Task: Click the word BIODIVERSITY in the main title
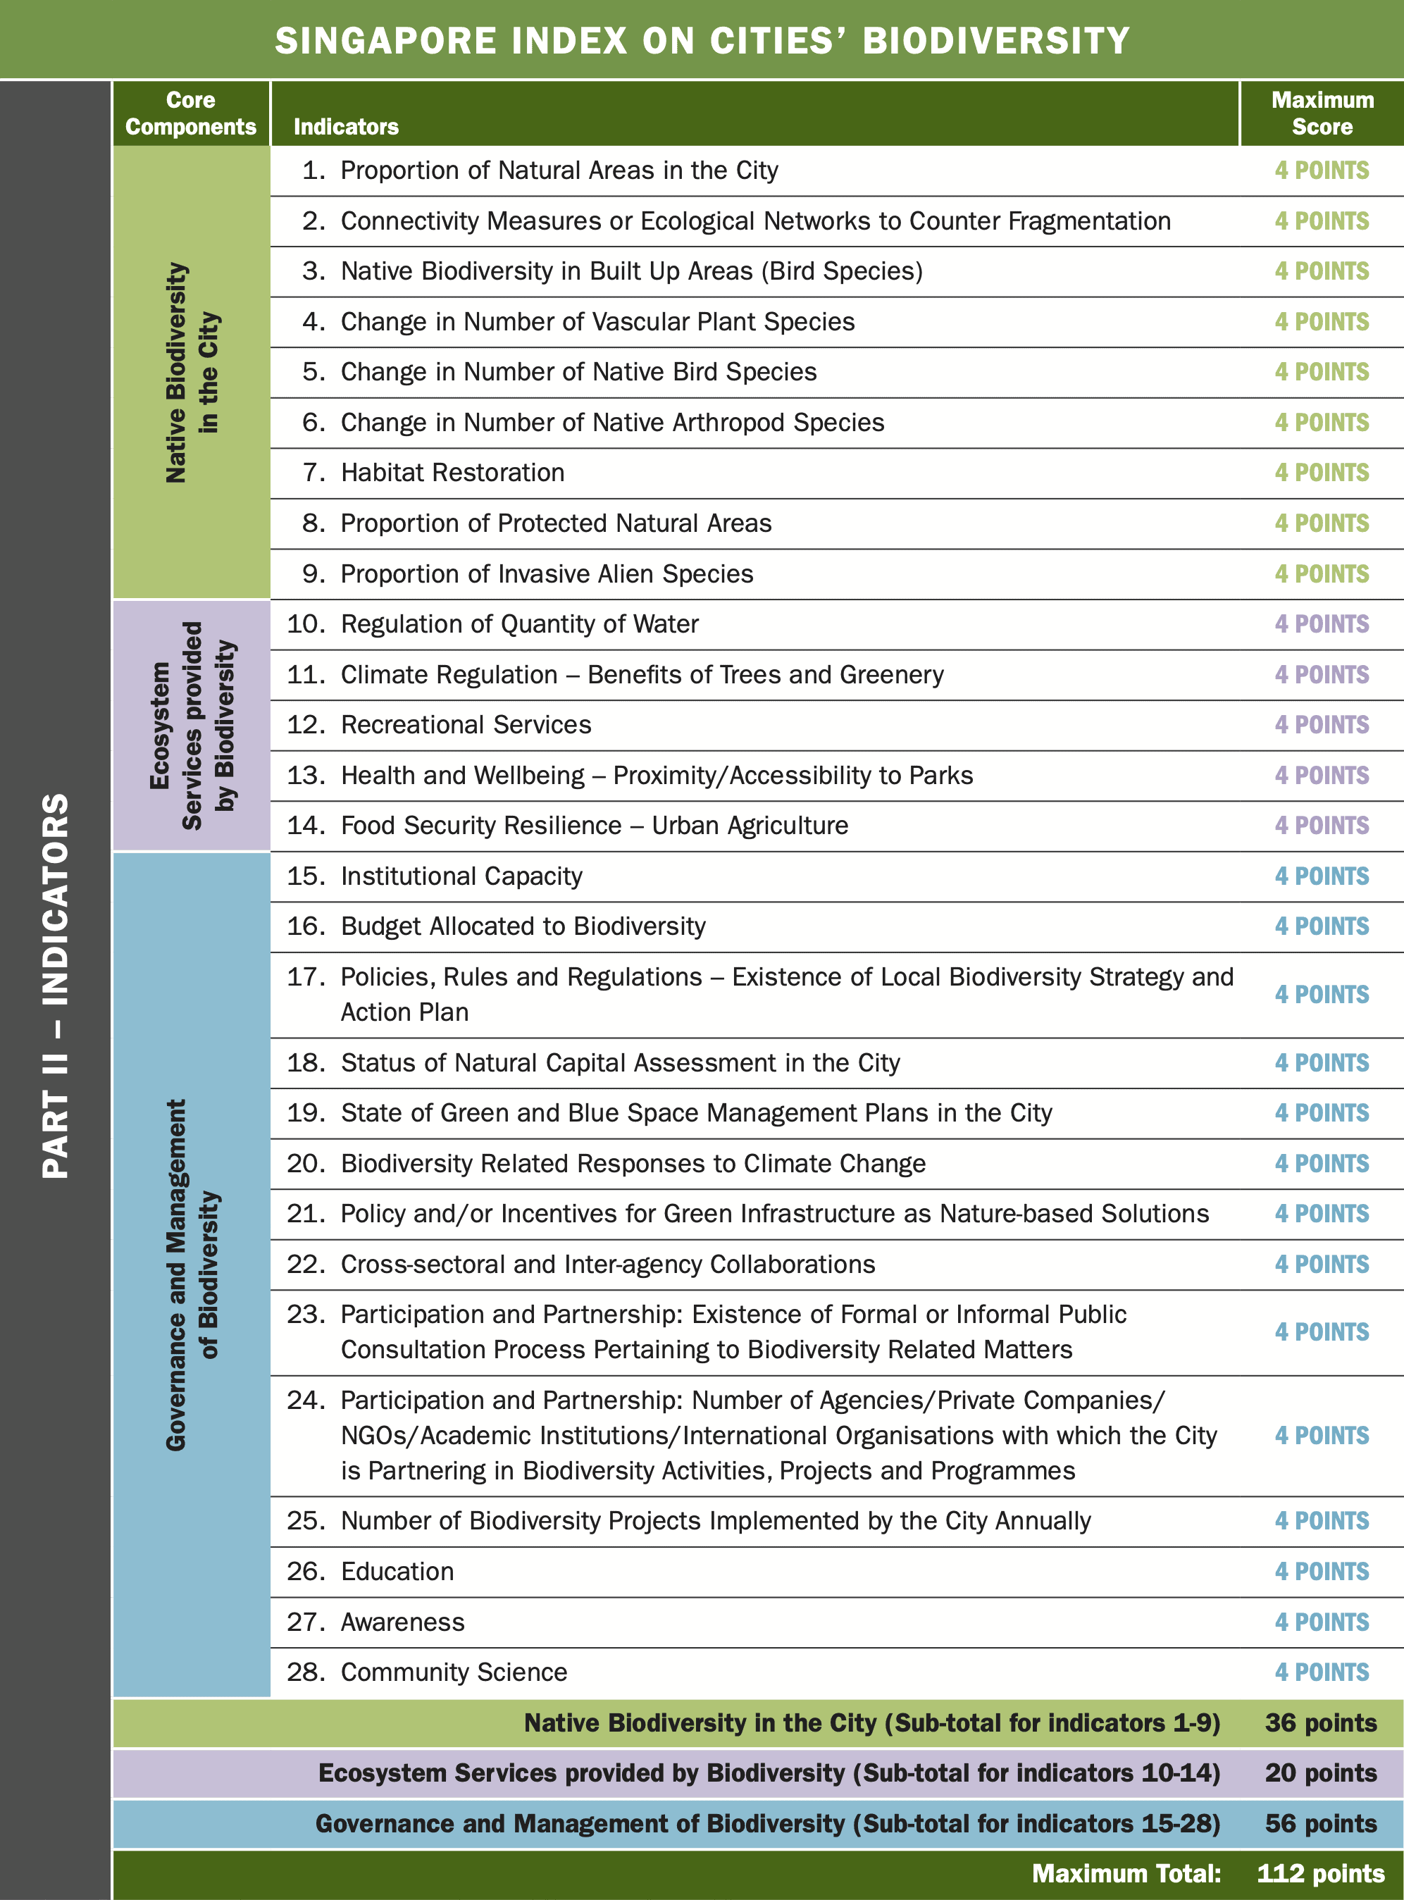click(x=996, y=41)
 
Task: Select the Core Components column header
click(x=190, y=113)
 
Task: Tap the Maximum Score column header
click(x=1322, y=113)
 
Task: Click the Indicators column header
click(x=346, y=127)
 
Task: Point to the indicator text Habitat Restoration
click(x=452, y=473)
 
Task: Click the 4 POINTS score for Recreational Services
click(x=1322, y=725)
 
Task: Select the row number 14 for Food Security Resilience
click(x=305, y=825)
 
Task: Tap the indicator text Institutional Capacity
click(x=461, y=876)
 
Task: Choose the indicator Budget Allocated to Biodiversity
click(x=523, y=926)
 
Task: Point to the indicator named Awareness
click(x=403, y=1622)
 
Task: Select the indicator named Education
click(x=397, y=1571)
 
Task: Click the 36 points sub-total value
click(x=1320, y=1722)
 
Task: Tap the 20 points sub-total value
click(x=1320, y=1772)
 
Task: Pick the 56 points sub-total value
click(x=1320, y=1823)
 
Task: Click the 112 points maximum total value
click(x=1320, y=1874)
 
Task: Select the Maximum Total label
click(x=1126, y=1874)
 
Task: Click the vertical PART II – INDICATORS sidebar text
click(x=56, y=986)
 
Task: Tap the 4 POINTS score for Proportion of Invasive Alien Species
click(x=1322, y=573)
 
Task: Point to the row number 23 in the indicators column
click(x=305, y=1315)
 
